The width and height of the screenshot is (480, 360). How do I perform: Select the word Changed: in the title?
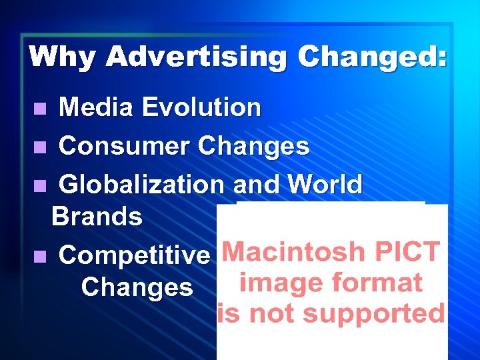[372, 57]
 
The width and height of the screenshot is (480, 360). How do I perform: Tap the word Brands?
[97, 216]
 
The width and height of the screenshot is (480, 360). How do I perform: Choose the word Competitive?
[134, 255]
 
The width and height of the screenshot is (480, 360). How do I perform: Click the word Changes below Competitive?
[137, 287]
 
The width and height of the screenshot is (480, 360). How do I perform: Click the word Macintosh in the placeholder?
[293, 253]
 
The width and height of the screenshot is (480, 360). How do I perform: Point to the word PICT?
[407, 253]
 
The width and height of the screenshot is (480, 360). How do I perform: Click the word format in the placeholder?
[379, 283]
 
